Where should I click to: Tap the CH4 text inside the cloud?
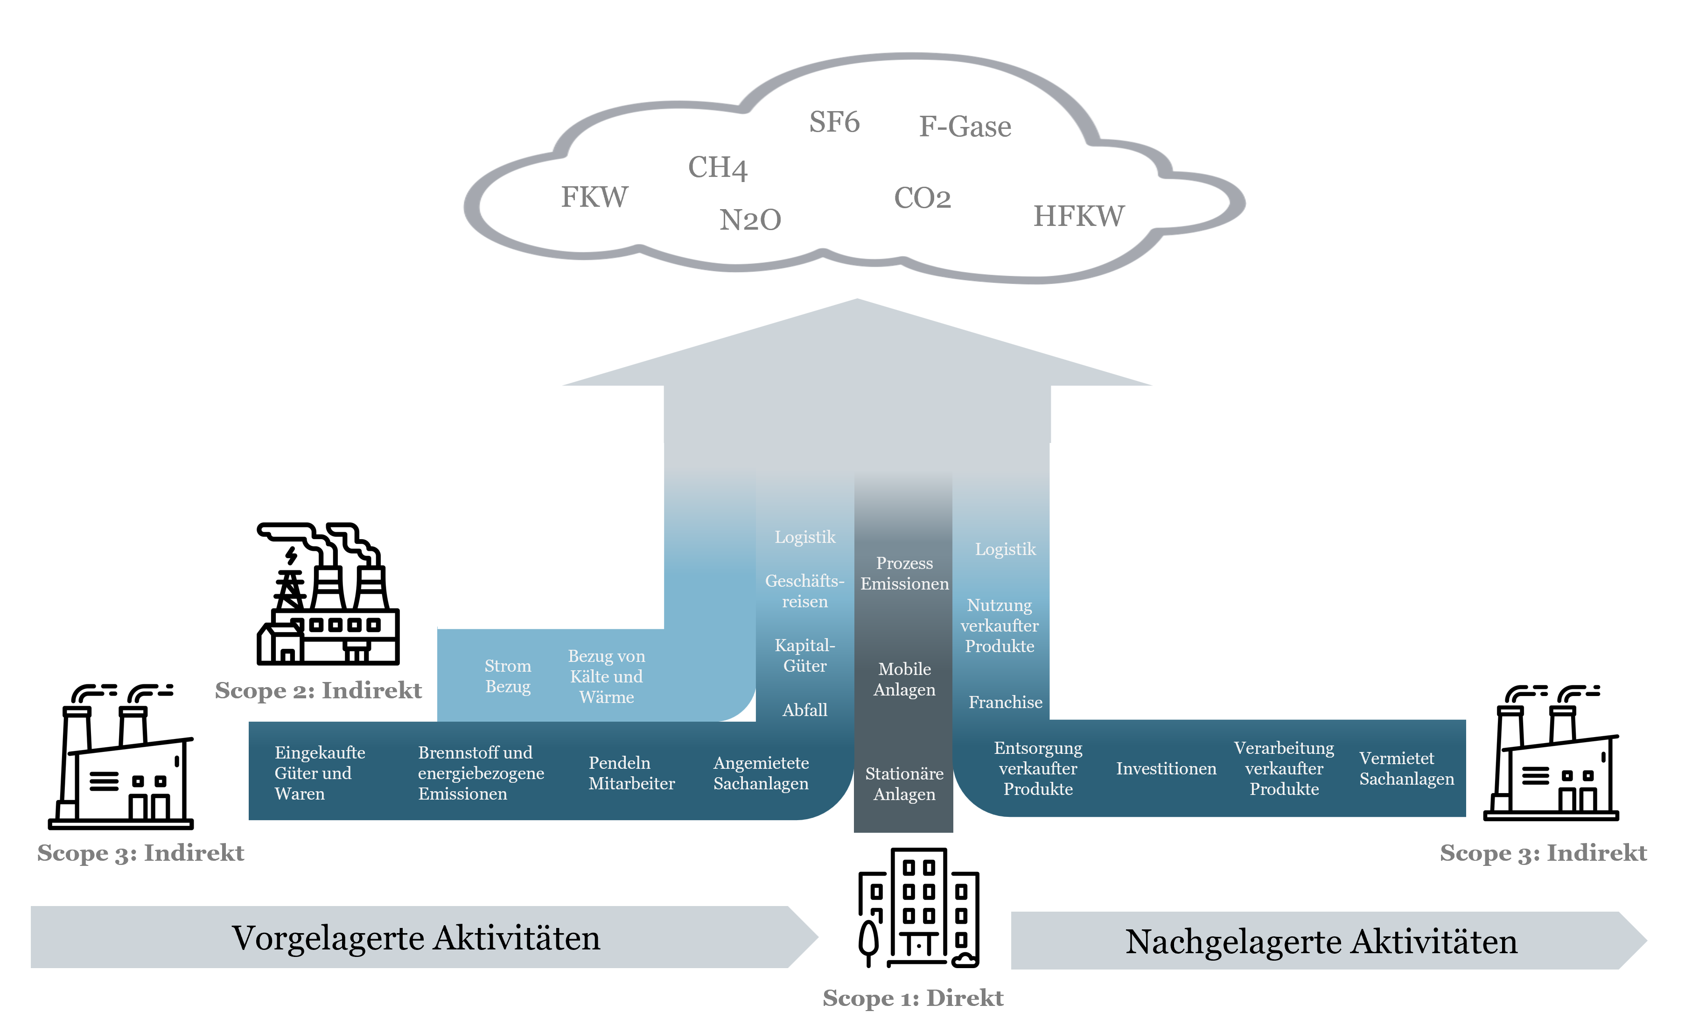[x=717, y=168]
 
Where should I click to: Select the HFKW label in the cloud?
[x=1078, y=216]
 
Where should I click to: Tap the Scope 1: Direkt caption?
[x=912, y=998]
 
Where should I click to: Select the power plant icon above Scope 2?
[x=328, y=594]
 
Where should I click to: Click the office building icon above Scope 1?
[x=918, y=907]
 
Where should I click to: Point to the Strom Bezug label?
[x=507, y=676]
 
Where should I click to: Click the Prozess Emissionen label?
[x=904, y=573]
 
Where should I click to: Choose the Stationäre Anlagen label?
[x=904, y=784]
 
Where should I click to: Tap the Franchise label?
[x=1005, y=703]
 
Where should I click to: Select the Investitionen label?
[x=1166, y=769]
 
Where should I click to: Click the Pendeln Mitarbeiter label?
[x=631, y=773]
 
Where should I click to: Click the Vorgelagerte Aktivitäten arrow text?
[x=416, y=938]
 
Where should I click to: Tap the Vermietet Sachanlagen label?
[x=1406, y=769]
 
